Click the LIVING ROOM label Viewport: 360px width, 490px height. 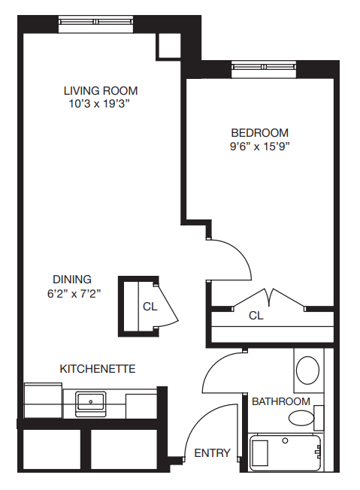(101, 91)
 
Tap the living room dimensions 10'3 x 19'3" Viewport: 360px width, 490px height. (99, 104)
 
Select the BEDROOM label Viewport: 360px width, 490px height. (260, 133)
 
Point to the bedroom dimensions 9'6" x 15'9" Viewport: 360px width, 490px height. (260, 146)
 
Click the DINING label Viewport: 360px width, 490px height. (72, 279)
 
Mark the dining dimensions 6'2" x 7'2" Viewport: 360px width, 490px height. (74, 294)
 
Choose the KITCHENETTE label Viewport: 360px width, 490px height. (98, 369)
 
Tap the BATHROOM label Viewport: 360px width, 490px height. (281, 401)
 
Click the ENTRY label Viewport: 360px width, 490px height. (212, 453)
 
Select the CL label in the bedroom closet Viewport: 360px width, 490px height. (256, 316)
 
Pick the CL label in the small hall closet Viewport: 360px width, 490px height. (150, 307)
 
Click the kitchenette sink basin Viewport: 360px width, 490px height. (91, 401)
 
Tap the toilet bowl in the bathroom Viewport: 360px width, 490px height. (301, 418)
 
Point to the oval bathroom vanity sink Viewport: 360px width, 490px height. (308, 371)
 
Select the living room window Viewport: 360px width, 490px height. (96, 22)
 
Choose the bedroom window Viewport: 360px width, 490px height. (264, 67)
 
